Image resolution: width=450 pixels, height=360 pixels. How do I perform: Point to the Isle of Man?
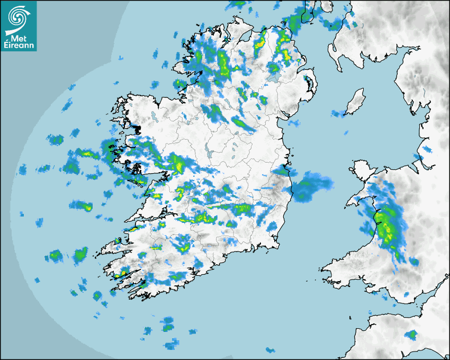[x=355, y=101]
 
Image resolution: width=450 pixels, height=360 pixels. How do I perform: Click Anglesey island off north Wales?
[x=359, y=172]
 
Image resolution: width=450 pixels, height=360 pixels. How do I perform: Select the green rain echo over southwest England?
[x=411, y=335]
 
